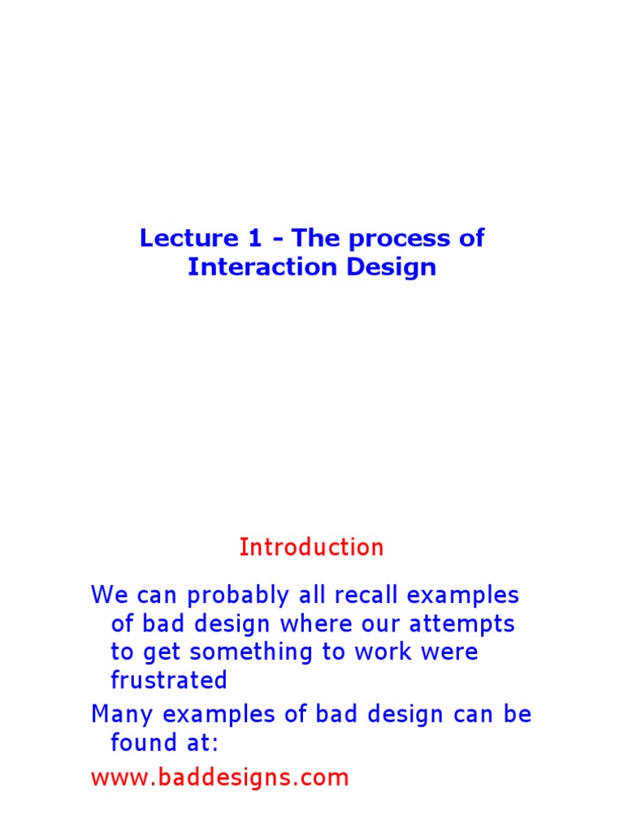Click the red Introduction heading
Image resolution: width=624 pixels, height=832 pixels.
(x=311, y=547)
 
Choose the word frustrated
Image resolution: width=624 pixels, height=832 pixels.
(x=169, y=680)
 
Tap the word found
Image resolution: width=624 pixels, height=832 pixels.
(x=142, y=743)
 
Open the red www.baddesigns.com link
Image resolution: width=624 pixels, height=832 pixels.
(x=219, y=778)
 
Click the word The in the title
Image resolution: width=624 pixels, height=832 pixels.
(x=315, y=238)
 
